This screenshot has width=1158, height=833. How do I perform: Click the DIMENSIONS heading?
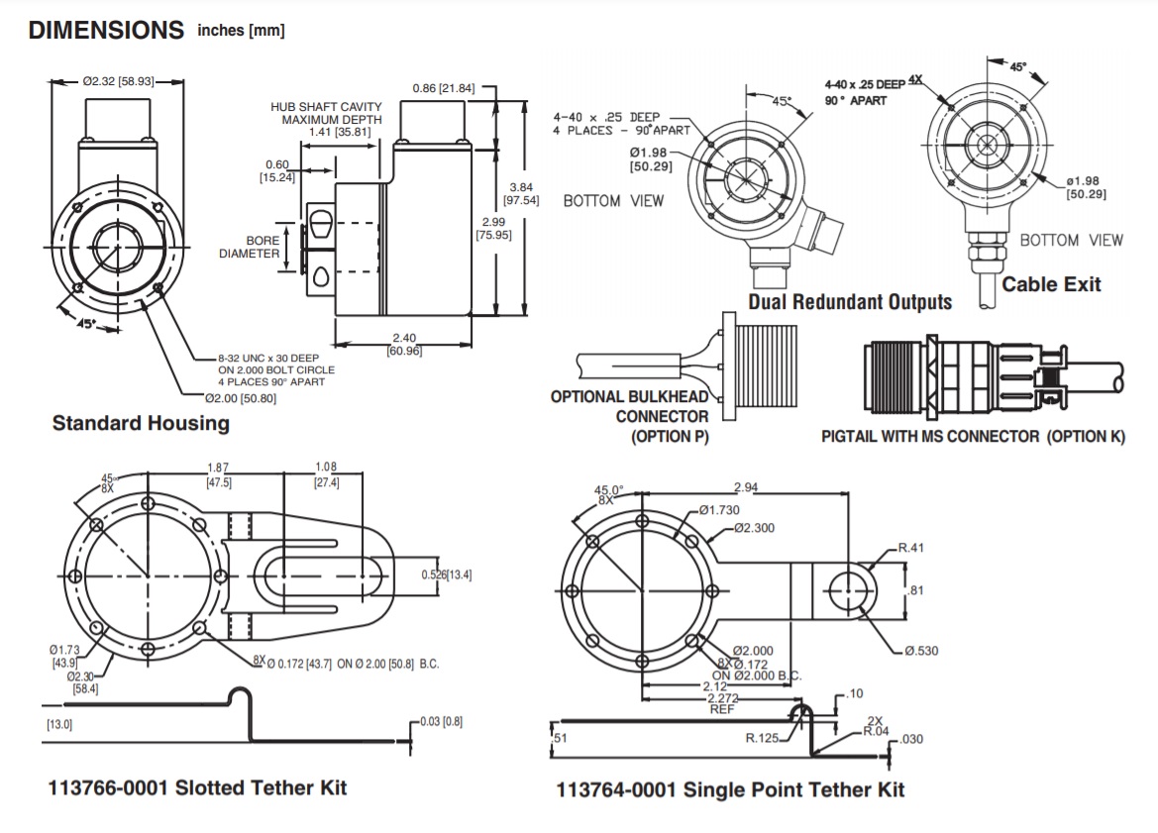[x=106, y=31]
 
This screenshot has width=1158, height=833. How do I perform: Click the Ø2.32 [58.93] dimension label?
[x=118, y=81]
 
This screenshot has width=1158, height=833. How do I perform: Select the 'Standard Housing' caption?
[x=140, y=423]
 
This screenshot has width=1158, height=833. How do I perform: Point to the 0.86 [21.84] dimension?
[x=443, y=89]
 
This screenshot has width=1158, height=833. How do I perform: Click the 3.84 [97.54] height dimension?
[x=521, y=193]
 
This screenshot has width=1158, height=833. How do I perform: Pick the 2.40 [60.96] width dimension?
[x=403, y=344]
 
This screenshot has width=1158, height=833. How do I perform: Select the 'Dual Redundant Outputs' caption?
[x=849, y=302]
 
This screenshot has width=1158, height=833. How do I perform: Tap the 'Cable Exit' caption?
[x=1051, y=285]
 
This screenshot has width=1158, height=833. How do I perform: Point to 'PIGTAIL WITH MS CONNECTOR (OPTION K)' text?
[x=973, y=436]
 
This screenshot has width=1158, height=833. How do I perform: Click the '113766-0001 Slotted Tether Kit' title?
[x=197, y=787]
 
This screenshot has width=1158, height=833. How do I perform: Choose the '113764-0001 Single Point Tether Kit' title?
[x=730, y=789]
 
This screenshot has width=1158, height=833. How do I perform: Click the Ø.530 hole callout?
[x=921, y=651]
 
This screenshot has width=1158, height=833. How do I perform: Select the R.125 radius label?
[x=764, y=737]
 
